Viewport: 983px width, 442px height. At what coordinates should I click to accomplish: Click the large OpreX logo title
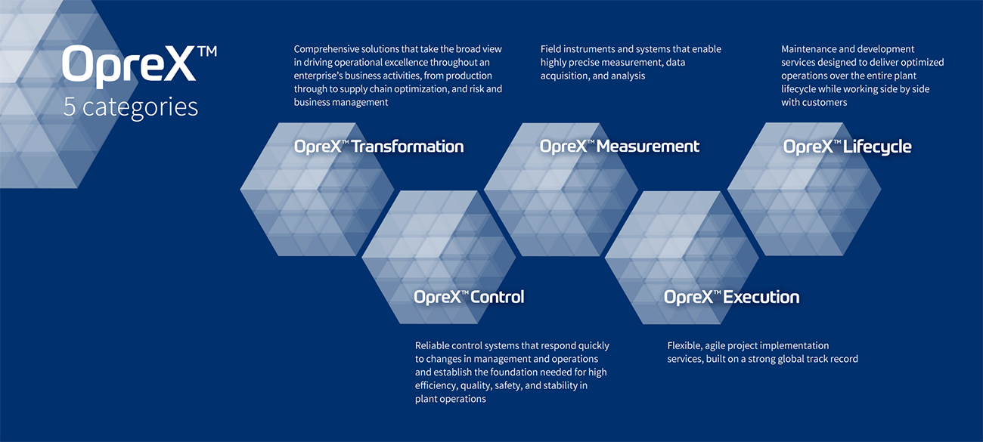129,65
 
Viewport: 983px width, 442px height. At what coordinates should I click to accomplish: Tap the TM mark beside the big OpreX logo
208,51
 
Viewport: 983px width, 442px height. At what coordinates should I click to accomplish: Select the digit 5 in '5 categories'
70,107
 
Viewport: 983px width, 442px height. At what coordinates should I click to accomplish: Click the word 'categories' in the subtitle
141,108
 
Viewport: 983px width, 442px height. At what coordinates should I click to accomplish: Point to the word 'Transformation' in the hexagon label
408,146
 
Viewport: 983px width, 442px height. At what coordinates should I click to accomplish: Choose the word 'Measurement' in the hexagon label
648,146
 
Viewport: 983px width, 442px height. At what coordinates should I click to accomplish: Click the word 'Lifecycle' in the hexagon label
877,147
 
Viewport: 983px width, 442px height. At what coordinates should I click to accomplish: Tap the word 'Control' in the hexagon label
498,297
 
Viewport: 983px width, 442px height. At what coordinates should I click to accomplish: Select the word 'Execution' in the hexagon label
761,297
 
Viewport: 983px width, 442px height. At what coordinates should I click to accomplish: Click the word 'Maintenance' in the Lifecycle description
807,49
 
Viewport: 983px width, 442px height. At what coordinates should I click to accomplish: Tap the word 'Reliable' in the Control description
432,345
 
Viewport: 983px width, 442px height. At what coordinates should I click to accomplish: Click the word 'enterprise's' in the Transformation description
318,76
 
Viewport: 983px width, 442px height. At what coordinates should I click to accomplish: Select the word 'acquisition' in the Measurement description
565,76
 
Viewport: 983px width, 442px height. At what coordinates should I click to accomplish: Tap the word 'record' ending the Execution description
845,359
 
